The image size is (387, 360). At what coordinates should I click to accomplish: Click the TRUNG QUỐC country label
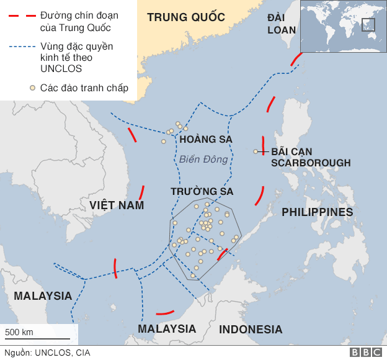pyautogui.click(x=185, y=17)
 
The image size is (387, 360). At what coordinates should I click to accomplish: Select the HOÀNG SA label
pyautogui.click(x=206, y=140)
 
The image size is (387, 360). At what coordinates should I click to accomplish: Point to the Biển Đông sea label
pyautogui.click(x=203, y=160)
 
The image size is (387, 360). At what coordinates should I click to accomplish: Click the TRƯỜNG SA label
pyautogui.click(x=202, y=191)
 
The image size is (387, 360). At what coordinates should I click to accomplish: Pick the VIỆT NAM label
pyautogui.click(x=117, y=205)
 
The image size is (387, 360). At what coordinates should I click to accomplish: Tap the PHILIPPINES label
pyautogui.click(x=317, y=212)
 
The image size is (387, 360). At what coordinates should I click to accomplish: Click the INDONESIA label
pyautogui.click(x=251, y=330)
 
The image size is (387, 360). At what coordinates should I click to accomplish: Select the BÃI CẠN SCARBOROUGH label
pyautogui.click(x=310, y=157)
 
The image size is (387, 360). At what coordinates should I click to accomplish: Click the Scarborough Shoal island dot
pyautogui.click(x=256, y=151)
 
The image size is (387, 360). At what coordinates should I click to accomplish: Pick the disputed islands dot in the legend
pyautogui.click(x=31, y=88)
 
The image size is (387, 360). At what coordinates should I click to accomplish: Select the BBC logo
pyautogui.click(x=366, y=353)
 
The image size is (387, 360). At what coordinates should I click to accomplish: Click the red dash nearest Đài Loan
pyautogui.click(x=296, y=59)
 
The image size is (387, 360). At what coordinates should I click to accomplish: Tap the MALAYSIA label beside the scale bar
pyautogui.click(x=43, y=296)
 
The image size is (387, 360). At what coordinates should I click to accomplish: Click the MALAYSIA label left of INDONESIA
pyautogui.click(x=167, y=329)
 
